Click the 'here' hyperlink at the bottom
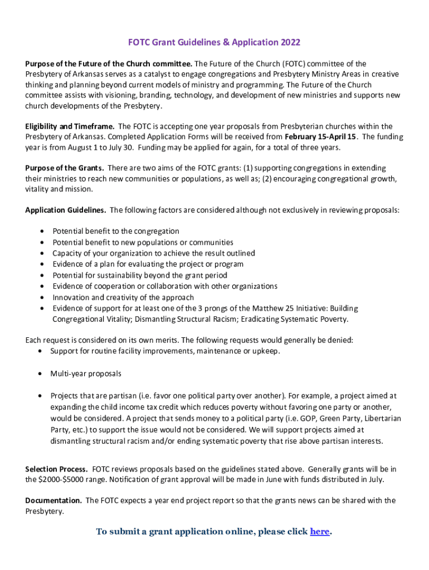coord(319,532)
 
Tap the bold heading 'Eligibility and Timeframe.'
coord(70,126)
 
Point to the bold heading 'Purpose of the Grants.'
coord(65,168)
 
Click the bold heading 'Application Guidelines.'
coord(66,210)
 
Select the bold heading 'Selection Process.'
coord(56,469)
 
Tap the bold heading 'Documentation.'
coord(53,500)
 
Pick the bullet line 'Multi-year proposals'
coord(86,374)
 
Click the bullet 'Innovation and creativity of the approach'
coord(123,297)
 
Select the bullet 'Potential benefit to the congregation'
coord(116,231)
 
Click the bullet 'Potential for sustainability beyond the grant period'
coord(140,275)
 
